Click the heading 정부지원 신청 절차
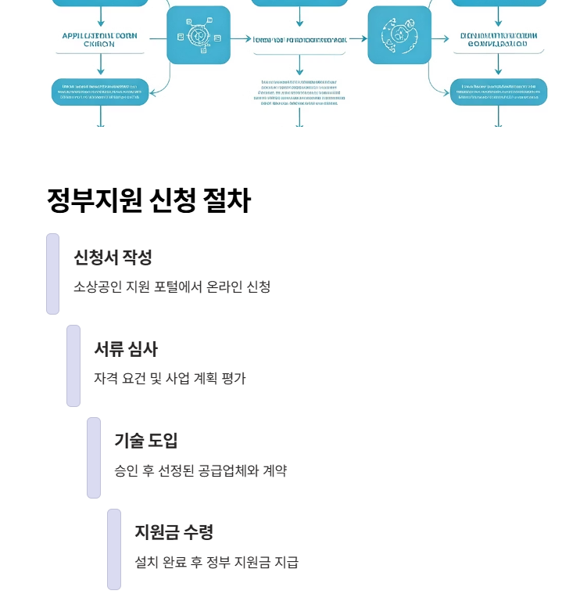149,201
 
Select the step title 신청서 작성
113,257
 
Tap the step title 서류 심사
126,349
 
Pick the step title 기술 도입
146,441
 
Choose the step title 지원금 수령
174,532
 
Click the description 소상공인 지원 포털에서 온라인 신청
172,286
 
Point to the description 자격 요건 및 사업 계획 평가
170,379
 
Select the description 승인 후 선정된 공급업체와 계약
200,470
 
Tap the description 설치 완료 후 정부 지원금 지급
217,562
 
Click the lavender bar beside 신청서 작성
52,274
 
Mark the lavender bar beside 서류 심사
73,366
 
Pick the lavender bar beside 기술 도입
94,457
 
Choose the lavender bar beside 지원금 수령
114,549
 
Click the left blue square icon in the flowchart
199,35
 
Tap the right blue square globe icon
399,35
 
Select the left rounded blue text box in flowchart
100,92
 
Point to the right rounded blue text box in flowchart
499,92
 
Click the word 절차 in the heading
227,201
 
